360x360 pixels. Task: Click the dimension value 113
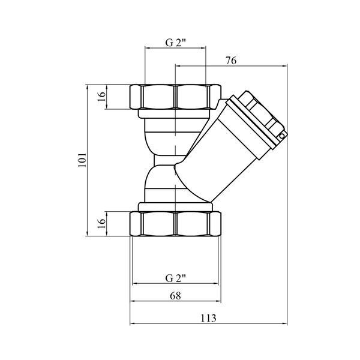[x=208, y=318]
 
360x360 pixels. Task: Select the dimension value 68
[x=175, y=296]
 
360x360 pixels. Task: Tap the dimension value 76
[x=231, y=61]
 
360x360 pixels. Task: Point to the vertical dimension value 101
[x=82, y=160]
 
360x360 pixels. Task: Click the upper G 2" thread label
[x=175, y=43]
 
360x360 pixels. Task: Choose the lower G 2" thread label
[x=175, y=278]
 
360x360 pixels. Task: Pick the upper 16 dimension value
[x=101, y=97]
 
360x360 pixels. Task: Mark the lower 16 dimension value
[x=101, y=223]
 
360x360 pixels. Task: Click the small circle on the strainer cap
[x=282, y=136]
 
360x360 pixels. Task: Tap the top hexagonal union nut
[x=175, y=97]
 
